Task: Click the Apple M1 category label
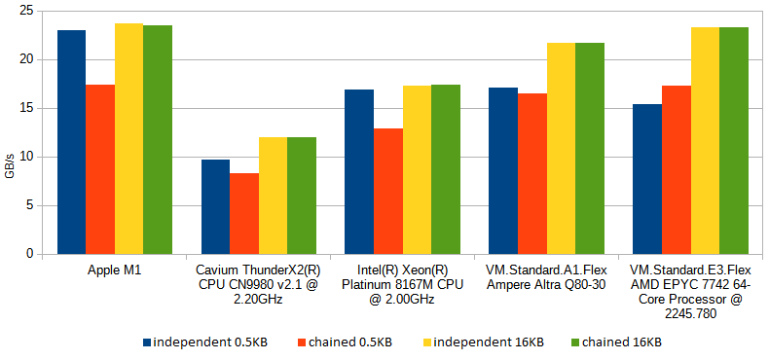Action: (x=114, y=270)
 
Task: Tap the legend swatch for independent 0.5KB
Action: (x=146, y=342)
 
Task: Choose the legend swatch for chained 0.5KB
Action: (x=301, y=342)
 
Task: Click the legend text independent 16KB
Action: (x=488, y=342)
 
